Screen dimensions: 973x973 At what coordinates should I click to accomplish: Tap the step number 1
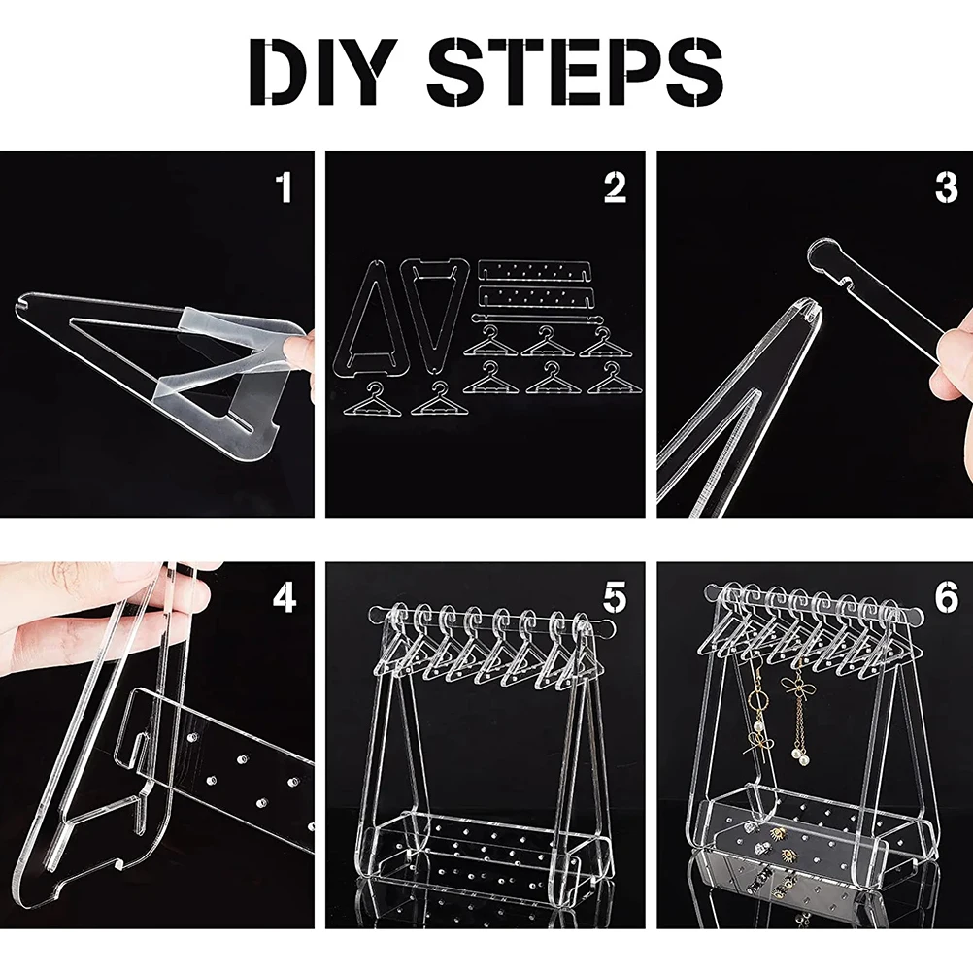[284, 186]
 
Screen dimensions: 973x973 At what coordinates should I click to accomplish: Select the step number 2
[615, 186]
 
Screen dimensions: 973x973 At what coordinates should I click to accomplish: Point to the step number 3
[947, 186]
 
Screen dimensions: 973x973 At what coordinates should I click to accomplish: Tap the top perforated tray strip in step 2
[535, 271]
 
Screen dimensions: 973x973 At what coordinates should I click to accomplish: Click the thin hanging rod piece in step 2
[537, 319]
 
